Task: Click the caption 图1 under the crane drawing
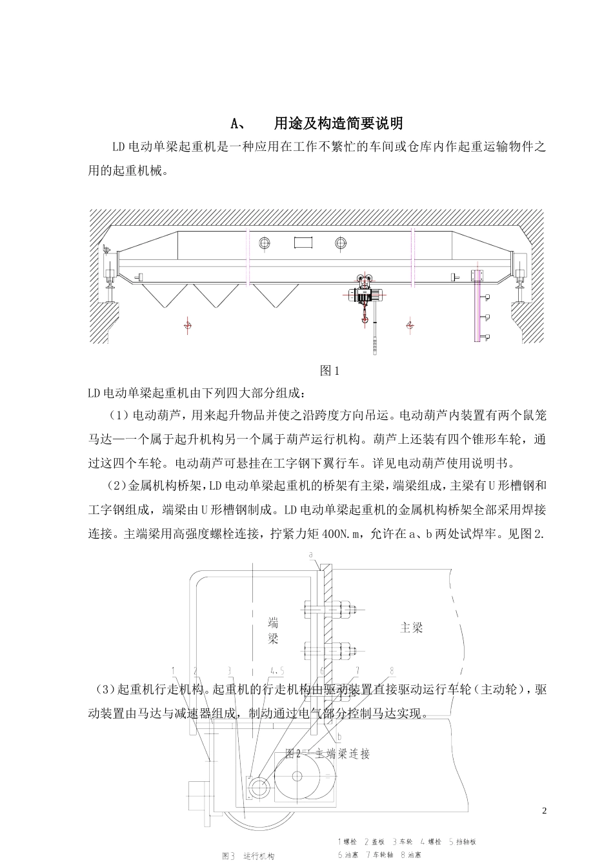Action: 330,371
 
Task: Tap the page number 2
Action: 544,811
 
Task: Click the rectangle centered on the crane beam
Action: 303,243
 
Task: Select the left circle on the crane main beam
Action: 265,243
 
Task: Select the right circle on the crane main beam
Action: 341,243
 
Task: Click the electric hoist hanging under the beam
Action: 366,294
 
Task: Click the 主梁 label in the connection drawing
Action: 411,628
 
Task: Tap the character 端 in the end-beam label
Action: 274,623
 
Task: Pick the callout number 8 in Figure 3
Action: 391,670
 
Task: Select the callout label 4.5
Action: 277,670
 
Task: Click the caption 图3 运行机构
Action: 248,856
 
